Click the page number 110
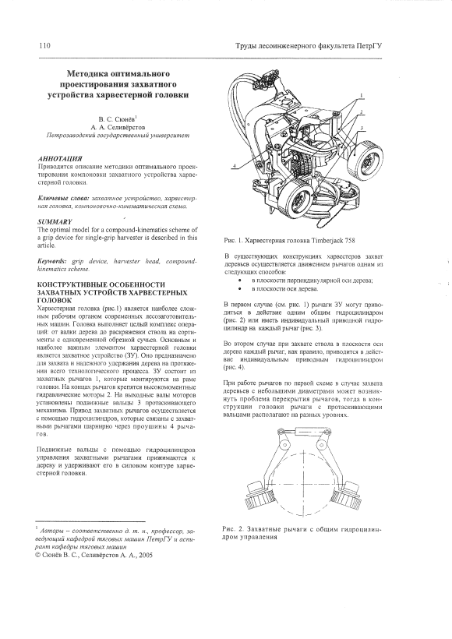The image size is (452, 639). tap(45, 45)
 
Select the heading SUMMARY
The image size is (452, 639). tap(55, 221)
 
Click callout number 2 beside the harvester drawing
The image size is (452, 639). tap(361, 111)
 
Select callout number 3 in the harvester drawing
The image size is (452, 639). tap(361, 128)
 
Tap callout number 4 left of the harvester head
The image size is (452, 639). tap(235, 166)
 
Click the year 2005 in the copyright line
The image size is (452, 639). tap(146, 555)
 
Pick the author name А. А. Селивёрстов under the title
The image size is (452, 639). tap(118, 127)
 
